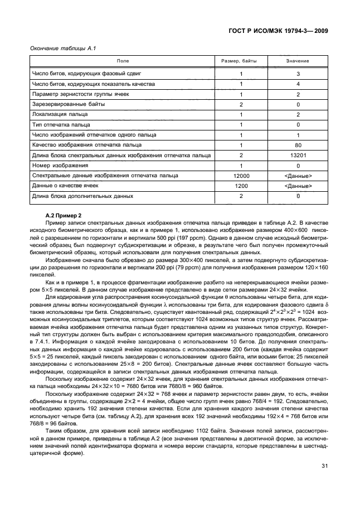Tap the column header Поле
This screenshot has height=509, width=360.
pyautogui.click(x=122, y=61)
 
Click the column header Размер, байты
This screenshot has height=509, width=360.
pyautogui.click(x=241, y=61)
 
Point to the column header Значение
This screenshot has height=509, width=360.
pyautogui.click(x=298, y=61)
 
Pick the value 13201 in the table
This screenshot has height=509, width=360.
pyautogui.click(x=298, y=156)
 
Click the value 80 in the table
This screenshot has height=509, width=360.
pyautogui.click(x=298, y=146)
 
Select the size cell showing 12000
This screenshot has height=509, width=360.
pyautogui.click(x=241, y=176)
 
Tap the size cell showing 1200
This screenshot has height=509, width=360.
pyautogui.click(x=241, y=186)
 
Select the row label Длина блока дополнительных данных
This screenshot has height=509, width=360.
pyautogui.click(x=82, y=196)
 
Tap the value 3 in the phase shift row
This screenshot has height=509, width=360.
pyautogui.click(x=298, y=74)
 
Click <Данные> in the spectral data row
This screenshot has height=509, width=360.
pyautogui.click(x=298, y=176)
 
